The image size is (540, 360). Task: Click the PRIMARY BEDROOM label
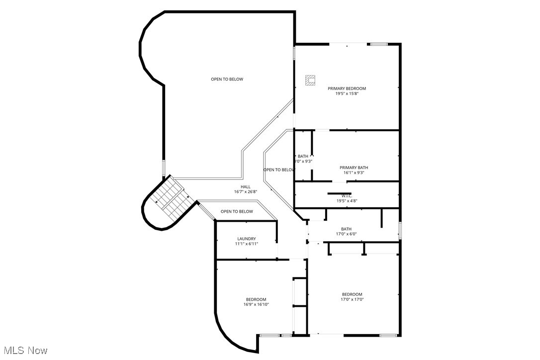[347, 89]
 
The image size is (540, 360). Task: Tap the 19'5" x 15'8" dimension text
[347, 93]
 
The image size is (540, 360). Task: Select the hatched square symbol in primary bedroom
[310, 80]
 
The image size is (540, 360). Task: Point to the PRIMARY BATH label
[354, 168]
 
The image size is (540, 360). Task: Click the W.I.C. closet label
[347, 196]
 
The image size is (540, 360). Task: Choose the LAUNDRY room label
[246, 239]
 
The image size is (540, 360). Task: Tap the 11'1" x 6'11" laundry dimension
[246, 244]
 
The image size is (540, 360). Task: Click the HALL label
[246, 186]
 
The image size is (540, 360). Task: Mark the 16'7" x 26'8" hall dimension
[246, 191]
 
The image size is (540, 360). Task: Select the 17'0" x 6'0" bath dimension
[346, 234]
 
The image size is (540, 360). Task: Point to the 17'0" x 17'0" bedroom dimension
[352, 299]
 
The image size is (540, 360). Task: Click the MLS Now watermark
[24, 351]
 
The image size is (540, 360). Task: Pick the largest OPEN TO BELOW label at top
[227, 79]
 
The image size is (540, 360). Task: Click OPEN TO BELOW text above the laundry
[237, 211]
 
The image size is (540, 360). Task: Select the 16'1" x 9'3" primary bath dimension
[354, 173]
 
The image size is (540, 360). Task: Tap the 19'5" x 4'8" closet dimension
[347, 201]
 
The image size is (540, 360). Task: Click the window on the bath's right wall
[400, 230]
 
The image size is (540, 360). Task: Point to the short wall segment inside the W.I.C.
[339, 193]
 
